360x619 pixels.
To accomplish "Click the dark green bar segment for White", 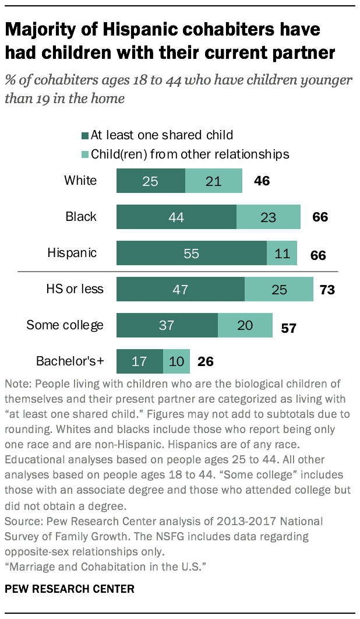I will click(151, 181).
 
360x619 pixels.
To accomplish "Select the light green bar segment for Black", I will click(268, 217).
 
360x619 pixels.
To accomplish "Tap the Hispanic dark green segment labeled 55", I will click(191, 254).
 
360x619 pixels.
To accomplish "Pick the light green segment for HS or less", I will click(279, 290).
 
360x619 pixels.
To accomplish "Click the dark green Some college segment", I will click(167, 325).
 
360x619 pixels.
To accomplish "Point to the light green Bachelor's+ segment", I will click(177, 361).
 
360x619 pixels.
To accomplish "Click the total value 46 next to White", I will click(262, 181).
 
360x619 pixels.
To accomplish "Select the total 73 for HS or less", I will click(327, 290).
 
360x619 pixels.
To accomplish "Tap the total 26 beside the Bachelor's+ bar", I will click(205, 362).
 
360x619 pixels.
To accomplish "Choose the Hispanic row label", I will click(72, 254).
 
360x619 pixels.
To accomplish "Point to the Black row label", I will click(81, 217).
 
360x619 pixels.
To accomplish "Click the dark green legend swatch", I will click(85, 136).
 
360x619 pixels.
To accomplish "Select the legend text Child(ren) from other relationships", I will click(190, 154).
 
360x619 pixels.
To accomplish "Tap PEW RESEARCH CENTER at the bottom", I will click(69, 589).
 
